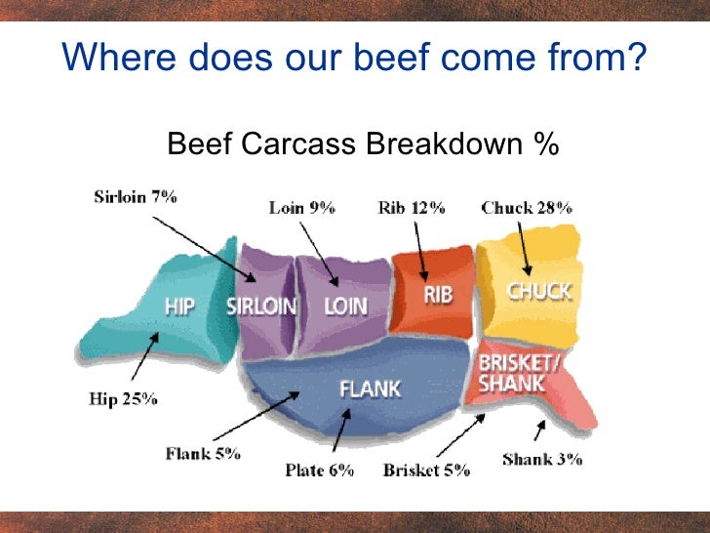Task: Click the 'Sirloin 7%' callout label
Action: coord(136,196)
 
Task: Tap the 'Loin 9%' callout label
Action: coord(301,207)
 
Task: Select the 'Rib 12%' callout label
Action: coord(411,207)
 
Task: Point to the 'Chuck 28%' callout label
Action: coord(527,207)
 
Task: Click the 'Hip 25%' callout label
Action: coord(122,398)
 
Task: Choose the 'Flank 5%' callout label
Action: coord(203,453)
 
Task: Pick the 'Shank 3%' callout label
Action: coord(542,458)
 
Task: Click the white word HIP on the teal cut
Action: coord(178,306)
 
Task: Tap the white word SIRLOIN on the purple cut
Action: coord(261,306)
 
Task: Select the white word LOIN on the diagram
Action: coord(345,306)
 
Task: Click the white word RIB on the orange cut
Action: coord(438,293)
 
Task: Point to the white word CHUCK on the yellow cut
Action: coord(538,290)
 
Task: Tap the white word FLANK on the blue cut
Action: coord(370,389)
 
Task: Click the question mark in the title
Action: coord(636,59)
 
